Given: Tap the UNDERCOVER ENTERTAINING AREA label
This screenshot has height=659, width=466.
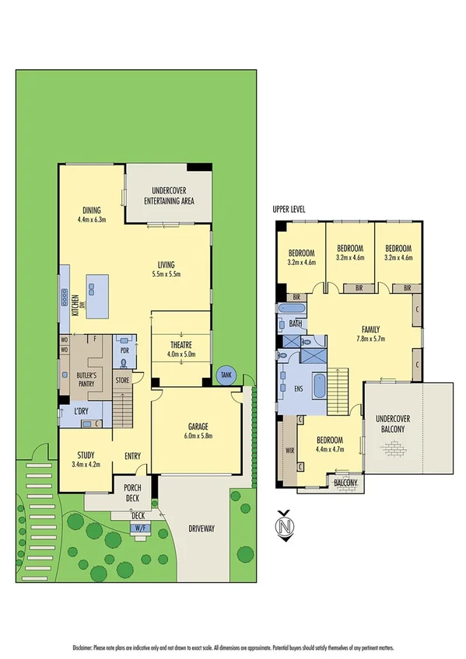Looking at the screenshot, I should [168, 195].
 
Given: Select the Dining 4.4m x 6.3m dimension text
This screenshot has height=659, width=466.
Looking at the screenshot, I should [91, 220].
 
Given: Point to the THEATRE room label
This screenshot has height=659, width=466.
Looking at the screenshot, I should [180, 345].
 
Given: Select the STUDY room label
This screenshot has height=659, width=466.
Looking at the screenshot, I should [86, 456].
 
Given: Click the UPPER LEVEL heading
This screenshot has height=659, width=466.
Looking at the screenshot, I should [289, 210].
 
